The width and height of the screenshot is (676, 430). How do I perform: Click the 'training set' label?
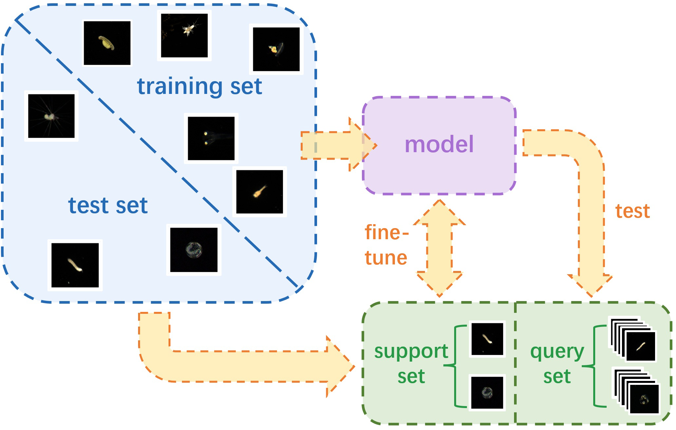pos(199,86)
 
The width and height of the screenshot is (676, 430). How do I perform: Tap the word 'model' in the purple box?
pos(439,144)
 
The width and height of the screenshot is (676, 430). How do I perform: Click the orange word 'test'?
pos(632,211)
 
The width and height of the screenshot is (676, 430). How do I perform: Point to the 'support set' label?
pos(411,363)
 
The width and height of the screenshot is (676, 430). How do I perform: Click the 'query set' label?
pos(557,363)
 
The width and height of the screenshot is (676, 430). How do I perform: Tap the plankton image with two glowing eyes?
pos(211,138)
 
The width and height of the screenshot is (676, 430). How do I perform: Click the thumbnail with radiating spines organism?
pos(51,116)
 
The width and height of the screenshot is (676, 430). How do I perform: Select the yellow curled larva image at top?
pos(107,43)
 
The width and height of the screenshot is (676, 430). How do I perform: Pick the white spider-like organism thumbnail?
pos(184,35)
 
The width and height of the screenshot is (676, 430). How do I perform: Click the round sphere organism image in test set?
pos(194,250)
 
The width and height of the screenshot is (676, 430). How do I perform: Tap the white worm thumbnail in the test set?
pos(75,265)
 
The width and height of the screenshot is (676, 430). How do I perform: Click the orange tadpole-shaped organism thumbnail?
pos(259,191)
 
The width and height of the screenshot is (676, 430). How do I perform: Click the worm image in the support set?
pos(487,339)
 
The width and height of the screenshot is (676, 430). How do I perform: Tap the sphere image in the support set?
pos(487,392)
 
